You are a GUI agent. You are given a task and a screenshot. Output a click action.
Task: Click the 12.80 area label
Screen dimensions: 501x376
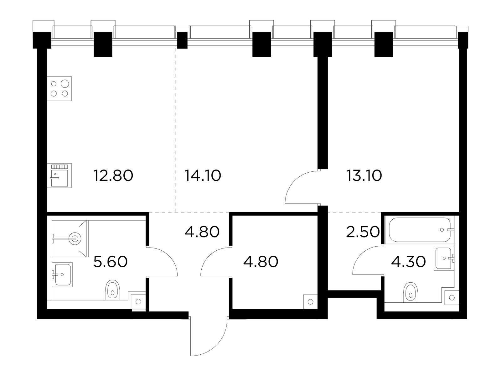[113, 175]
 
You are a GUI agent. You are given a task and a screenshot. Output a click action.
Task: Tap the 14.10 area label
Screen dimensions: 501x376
[203, 175]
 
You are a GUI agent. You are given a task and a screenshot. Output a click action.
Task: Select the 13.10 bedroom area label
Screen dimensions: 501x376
[364, 175]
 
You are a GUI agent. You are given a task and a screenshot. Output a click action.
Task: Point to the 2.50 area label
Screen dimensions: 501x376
[363, 232]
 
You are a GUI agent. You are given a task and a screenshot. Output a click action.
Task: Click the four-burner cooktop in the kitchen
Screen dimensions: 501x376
[59, 89]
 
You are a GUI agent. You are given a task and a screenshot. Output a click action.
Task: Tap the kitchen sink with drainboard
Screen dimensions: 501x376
[59, 175]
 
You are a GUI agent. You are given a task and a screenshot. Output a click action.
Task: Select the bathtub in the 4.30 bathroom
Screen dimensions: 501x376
[420, 230]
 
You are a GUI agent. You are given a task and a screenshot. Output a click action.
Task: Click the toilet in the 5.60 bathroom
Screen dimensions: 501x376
[112, 290]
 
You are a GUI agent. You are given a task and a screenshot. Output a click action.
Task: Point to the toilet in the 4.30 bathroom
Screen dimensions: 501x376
[411, 292]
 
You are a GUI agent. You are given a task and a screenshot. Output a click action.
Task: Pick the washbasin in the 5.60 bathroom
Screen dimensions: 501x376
[62, 275]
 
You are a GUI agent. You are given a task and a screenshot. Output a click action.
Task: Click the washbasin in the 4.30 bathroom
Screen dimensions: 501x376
[443, 258]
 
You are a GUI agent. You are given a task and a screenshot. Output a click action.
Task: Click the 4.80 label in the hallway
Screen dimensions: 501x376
[202, 232]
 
